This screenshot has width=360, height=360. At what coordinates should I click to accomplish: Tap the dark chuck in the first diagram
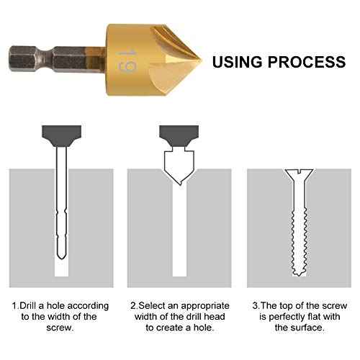point(61,132)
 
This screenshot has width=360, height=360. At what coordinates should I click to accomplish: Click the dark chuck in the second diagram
point(177,132)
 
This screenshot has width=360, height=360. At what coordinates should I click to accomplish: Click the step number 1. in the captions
point(16,305)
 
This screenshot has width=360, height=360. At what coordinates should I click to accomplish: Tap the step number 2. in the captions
point(134,305)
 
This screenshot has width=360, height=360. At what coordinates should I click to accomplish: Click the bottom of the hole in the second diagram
point(177,272)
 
